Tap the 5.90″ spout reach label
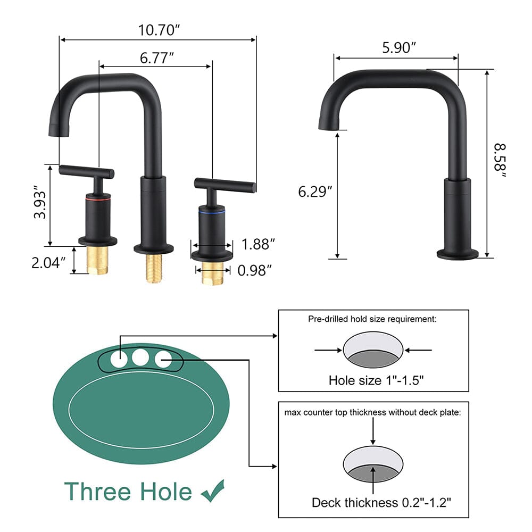[398, 48]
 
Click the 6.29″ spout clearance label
[315, 190]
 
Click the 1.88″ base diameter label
[258, 244]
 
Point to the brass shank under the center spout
[154, 268]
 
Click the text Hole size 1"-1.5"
[376, 380]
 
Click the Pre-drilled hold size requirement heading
[373, 319]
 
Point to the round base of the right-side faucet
[458, 254]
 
